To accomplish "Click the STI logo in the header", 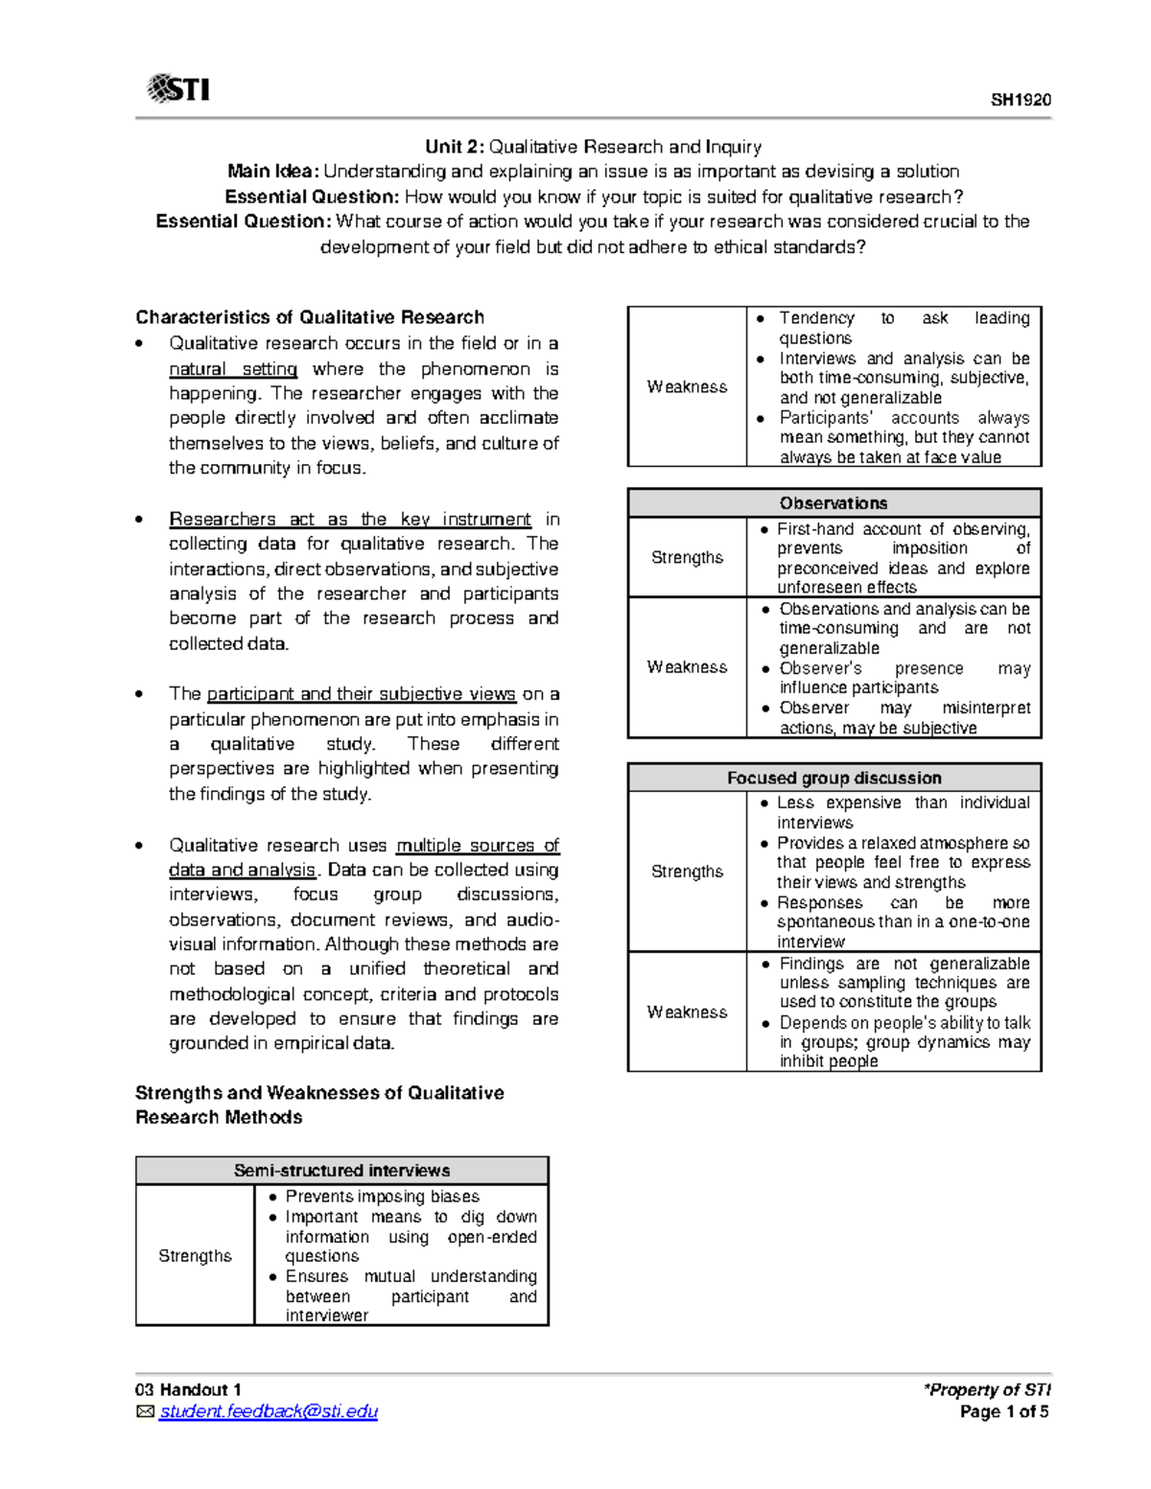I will click(x=178, y=89).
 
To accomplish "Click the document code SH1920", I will click(x=1021, y=100).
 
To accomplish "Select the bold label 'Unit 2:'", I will click(x=455, y=147).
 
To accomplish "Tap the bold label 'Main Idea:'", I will click(x=272, y=172).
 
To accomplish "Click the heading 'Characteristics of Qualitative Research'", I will click(x=309, y=317).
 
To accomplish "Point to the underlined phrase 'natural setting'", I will click(x=233, y=369).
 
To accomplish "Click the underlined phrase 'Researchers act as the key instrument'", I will click(x=349, y=519).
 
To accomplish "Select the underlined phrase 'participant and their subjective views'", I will click(x=361, y=694).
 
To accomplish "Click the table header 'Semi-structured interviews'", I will click(x=341, y=1171).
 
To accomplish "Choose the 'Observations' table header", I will click(x=834, y=503).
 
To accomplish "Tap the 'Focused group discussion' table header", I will click(x=834, y=778).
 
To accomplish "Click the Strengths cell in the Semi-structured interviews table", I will click(x=195, y=1256).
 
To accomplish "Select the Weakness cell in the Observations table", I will click(x=687, y=667).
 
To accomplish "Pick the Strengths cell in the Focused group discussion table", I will click(x=687, y=872).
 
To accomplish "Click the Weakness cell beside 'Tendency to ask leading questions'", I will click(x=687, y=386).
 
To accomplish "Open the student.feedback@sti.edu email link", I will click(x=269, y=1411).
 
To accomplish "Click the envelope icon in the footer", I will click(x=145, y=1411).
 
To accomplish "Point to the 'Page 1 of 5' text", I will click(x=1004, y=1411).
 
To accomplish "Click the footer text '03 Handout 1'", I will click(x=188, y=1390).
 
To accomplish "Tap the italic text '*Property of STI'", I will click(x=987, y=1390).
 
